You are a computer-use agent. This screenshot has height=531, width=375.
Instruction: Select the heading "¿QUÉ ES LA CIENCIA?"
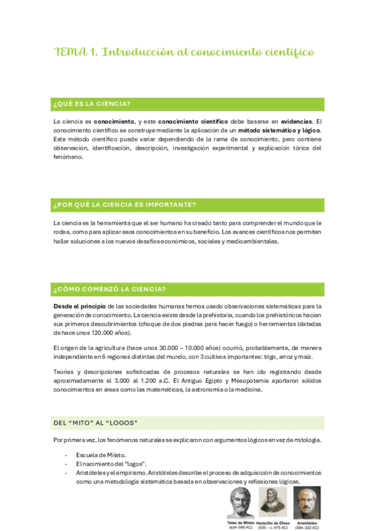coord(96,104)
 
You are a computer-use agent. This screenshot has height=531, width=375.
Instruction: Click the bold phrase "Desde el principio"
coord(76,306)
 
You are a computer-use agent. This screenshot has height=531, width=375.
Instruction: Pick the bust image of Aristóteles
coord(307,502)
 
